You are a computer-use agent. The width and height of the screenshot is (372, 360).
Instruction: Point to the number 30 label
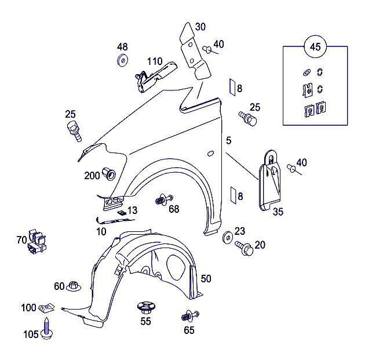pyautogui.click(x=200, y=27)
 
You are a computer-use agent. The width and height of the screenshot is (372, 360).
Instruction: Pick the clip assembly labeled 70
pyautogui.click(x=37, y=242)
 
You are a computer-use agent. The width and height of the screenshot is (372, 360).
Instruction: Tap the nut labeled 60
pyautogui.click(x=74, y=286)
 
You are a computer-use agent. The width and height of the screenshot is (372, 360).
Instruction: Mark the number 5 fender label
pyautogui.click(x=229, y=141)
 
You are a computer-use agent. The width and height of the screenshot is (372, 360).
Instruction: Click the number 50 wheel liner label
pyautogui.click(x=206, y=279)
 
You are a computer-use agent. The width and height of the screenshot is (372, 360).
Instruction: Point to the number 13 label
pyautogui.click(x=133, y=210)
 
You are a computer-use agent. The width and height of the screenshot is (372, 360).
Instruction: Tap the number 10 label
pyautogui.click(x=101, y=231)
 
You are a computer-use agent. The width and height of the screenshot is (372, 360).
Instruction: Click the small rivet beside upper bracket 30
pyautogui.click(x=206, y=50)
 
